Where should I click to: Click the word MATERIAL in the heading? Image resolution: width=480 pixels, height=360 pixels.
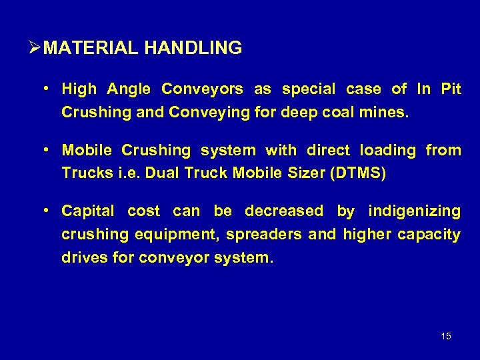[x=93, y=48]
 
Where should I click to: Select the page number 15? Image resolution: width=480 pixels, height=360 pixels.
[x=446, y=336]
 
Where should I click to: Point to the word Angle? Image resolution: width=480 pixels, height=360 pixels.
[x=129, y=89]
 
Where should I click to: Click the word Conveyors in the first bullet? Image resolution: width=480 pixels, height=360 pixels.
[x=203, y=89]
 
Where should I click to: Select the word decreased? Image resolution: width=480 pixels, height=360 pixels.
[x=284, y=211]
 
